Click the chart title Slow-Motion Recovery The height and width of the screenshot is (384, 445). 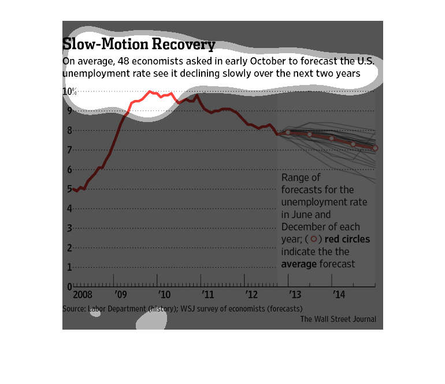pyautogui.click(x=139, y=45)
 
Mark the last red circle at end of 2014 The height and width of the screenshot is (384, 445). pyautogui.click(x=375, y=149)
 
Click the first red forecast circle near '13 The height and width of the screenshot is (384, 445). pyautogui.click(x=288, y=133)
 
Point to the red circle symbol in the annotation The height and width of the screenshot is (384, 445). pyautogui.click(x=313, y=239)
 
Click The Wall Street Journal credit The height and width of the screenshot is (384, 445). pyautogui.click(x=338, y=319)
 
